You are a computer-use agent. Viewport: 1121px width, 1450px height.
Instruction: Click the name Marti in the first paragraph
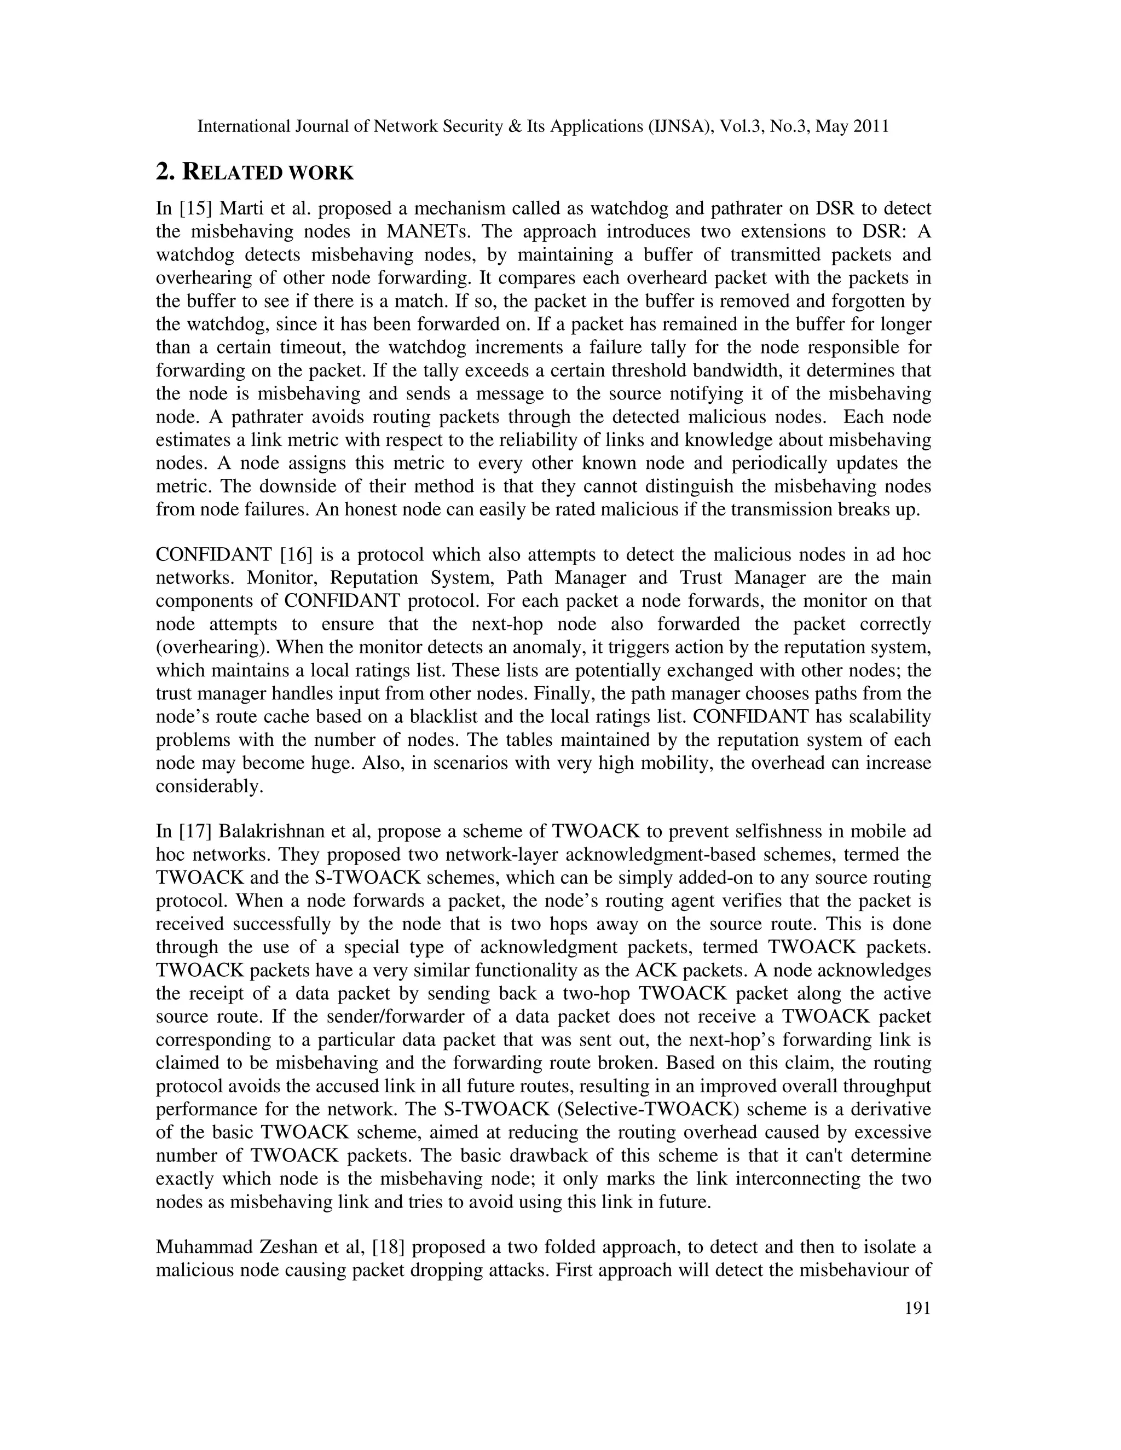coord(239,209)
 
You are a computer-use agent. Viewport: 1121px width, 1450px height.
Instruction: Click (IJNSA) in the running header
coord(679,126)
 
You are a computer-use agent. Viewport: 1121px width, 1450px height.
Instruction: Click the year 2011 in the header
coord(871,126)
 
